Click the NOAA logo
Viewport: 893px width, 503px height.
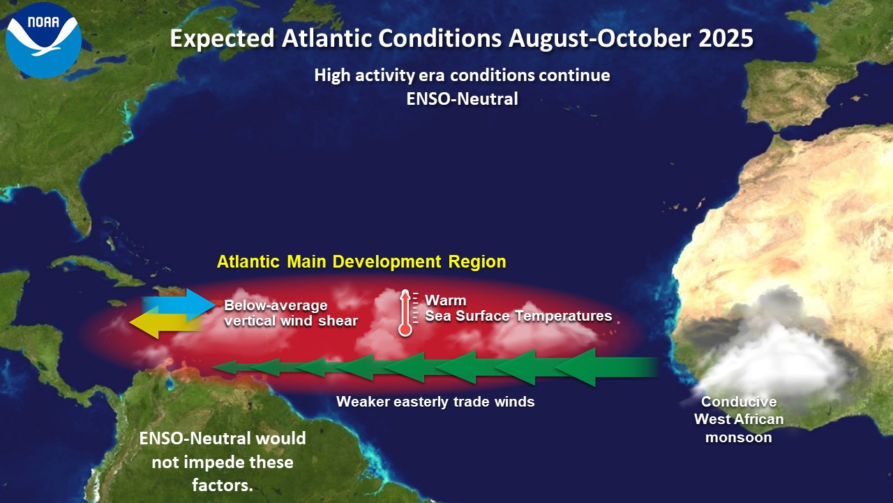[43, 41]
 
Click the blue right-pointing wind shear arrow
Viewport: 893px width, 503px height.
[179, 305]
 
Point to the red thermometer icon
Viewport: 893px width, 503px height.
[405, 313]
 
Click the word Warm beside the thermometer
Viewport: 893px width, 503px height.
[445, 300]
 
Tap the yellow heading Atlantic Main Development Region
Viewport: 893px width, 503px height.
[361, 262]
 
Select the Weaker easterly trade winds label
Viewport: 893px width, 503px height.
[435, 402]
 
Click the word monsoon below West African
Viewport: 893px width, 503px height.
[739, 437]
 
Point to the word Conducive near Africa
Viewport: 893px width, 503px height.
[739, 402]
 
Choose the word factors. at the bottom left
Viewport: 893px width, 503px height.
[223, 486]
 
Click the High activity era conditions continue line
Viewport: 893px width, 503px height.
[462, 75]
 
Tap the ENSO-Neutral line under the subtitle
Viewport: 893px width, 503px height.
[462, 99]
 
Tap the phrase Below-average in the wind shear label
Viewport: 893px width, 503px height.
[276, 305]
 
